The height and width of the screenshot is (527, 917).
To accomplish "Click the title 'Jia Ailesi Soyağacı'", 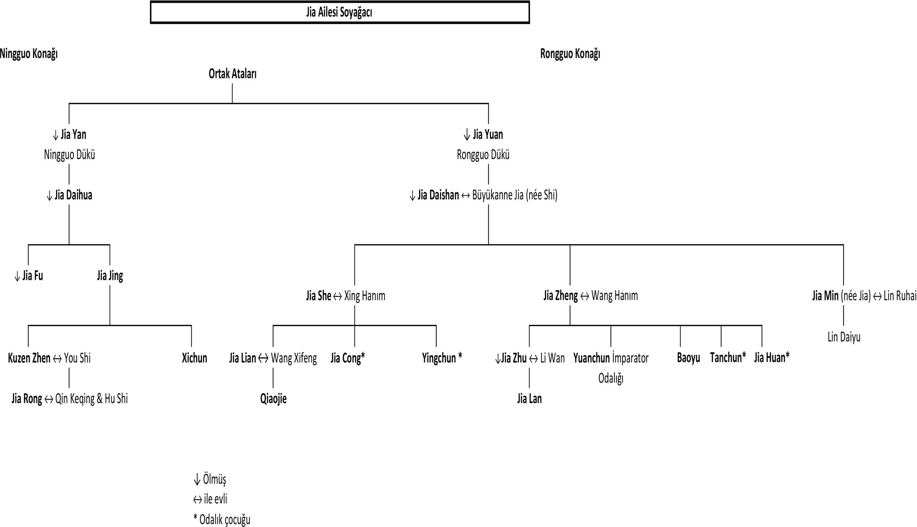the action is (x=339, y=12).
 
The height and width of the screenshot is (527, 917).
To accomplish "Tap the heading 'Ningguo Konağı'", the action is (x=29, y=54).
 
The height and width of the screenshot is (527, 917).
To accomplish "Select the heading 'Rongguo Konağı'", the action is (x=570, y=54).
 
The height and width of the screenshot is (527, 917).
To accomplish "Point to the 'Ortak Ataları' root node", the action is (x=233, y=74).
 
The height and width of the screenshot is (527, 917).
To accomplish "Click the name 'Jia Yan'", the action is (x=73, y=134).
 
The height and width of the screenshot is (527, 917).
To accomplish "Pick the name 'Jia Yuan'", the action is (x=488, y=134).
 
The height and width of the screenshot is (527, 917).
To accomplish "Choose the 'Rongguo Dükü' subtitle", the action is (x=483, y=155).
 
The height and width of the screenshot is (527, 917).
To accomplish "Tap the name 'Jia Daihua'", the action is (x=73, y=195).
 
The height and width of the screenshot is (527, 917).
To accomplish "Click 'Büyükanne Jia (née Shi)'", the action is (x=515, y=195).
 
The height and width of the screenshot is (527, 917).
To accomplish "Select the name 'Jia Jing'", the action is (x=110, y=276).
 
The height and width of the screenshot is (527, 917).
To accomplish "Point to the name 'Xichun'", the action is (x=194, y=358).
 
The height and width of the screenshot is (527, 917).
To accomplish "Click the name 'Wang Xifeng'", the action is (x=294, y=358).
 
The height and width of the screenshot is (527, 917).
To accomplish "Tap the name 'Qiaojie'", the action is (x=273, y=399).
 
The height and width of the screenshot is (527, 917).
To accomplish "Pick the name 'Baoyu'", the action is (x=688, y=358).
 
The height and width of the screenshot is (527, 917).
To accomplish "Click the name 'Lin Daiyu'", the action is (x=844, y=337).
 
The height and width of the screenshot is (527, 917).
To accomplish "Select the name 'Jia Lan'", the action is (x=529, y=399).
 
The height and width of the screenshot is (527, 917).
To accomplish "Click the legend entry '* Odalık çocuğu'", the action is (x=222, y=520).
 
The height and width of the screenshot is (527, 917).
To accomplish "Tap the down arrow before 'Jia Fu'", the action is (x=17, y=276).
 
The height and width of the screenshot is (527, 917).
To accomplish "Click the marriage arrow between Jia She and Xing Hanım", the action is (x=338, y=296).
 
